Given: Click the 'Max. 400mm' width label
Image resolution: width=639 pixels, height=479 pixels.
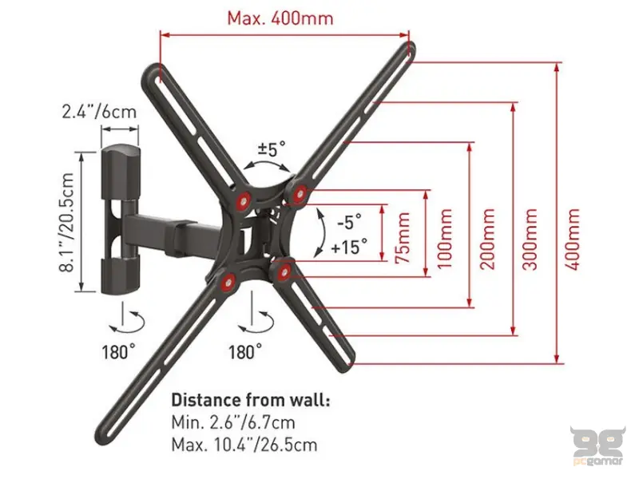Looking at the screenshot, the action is (280, 18).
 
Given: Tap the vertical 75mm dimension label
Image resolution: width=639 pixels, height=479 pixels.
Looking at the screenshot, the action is (403, 238).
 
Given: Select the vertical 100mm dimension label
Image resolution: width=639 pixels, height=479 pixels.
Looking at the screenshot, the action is (445, 239).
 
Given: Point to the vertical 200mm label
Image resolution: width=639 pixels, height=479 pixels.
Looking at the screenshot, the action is (487, 239).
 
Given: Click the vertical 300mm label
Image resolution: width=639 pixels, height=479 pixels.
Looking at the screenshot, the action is (530, 239).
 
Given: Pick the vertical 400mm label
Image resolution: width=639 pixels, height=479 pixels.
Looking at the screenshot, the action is (572, 239).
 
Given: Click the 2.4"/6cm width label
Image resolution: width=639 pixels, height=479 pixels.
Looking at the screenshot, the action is (99, 111).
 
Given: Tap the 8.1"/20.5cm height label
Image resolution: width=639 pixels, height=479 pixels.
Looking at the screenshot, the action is (66, 223).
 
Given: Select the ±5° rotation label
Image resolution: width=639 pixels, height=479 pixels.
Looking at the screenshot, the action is (271, 148).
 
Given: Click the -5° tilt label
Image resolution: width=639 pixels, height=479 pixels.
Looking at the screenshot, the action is (349, 223).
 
